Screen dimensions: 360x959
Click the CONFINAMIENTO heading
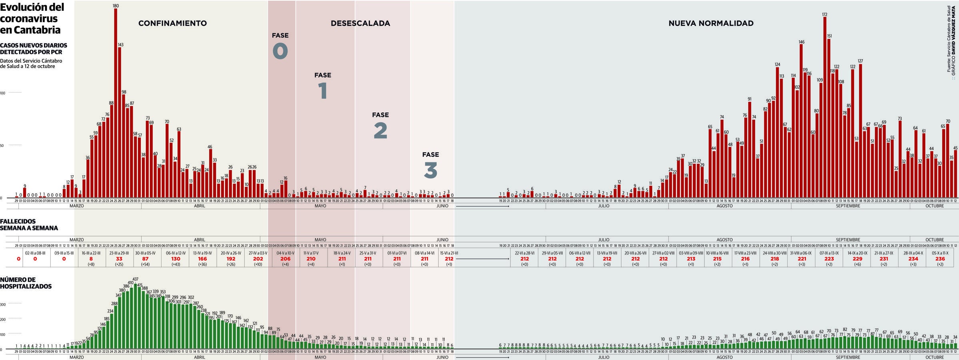[x=172, y=23]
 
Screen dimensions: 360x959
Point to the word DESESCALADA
[x=360, y=23]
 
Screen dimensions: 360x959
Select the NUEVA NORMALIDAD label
[x=711, y=23]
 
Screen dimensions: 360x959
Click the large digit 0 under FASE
[x=280, y=51]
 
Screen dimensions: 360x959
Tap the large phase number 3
[x=430, y=170]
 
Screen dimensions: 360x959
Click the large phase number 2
[x=380, y=131]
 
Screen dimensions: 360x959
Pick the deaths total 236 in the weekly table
[x=940, y=259]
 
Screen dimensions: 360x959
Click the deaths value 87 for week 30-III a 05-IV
[x=145, y=259]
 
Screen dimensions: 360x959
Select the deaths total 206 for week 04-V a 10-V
[x=285, y=259]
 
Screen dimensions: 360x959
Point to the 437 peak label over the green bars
[x=136, y=279]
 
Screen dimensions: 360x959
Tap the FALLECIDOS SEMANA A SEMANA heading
[x=29, y=225]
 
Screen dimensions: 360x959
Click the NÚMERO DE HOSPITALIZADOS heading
[x=26, y=283]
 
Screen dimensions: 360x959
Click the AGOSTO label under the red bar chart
[x=724, y=206]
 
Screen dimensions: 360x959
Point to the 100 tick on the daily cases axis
[x=3, y=93]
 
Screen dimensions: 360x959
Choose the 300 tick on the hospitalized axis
[x=3, y=304]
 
